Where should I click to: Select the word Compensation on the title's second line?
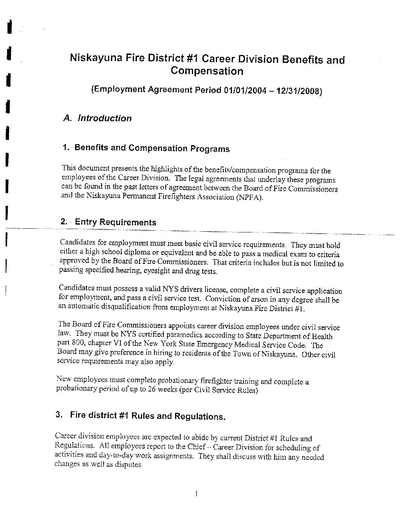pyautogui.click(x=207, y=71)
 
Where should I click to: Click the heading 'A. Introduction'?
pyautogui.click(x=98, y=118)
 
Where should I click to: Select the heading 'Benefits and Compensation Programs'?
pyautogui.click(x=152, y=148)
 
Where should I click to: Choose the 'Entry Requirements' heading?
pyautogui.click(x=116, y=222)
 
